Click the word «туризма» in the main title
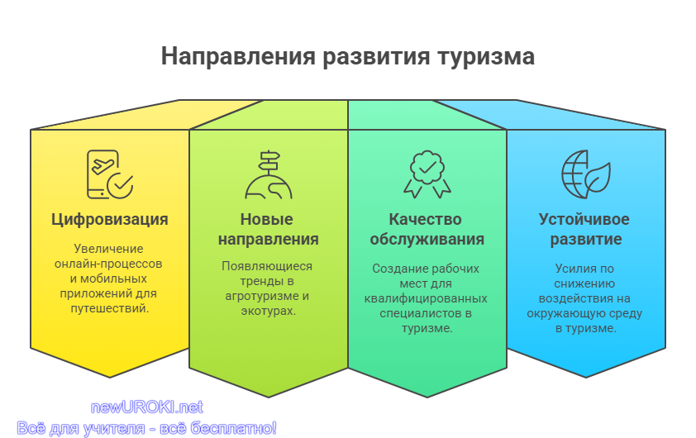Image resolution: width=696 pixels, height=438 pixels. pyautogui.click(x=486, y=57)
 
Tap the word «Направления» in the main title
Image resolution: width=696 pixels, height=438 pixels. pyautogui.click(x=238, y=56)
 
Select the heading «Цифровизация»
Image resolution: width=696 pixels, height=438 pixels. pyautogui.click(x=110, y=220)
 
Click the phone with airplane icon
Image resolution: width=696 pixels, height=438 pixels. pyautogui.click(x=110, y=174)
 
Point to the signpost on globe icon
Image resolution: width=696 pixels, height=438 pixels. pyautogui.click(x=269, y=174)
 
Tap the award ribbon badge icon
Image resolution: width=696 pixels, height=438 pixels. pyautogui.click(x=427, y=174)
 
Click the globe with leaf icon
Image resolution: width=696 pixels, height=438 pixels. pyautogui.click(x=586, y=174)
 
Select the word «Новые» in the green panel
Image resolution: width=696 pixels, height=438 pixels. pyautogui.click(x=267, y=219)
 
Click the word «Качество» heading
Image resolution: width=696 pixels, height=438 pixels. pyautogui.click(x=425, y=219)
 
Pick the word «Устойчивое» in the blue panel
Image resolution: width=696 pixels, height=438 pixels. pyautogui.click(x=584, y=219)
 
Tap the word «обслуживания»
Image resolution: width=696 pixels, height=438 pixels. pyautogui.click(x=427, y=239)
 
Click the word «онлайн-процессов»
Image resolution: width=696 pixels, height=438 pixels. pyautogui.click(x=108, y=264)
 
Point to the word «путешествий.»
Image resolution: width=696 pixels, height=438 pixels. pyautogui.click(x=110, y=308)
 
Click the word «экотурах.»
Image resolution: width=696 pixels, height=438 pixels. pyautogui.click(x=268, y=311)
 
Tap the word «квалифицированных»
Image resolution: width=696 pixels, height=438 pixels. pyautogui.click(x=426, y=298)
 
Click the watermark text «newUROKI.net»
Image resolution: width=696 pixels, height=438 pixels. pyautogui.click(x=147, y=407)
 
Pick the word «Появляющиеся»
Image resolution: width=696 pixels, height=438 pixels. pyautogui.click(x=267, y=266)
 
